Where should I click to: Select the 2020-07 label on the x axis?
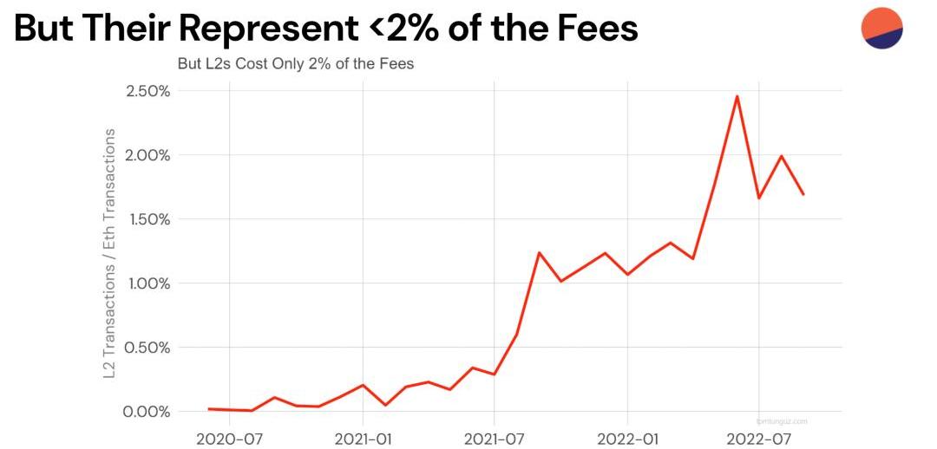point(229,437)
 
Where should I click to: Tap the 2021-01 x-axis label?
point(362,437)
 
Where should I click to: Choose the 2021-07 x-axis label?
point(495,437)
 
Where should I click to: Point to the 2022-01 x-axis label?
point(626,437)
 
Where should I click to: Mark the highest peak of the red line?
point(737,96)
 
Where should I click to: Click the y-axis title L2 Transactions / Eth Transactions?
point(110,254)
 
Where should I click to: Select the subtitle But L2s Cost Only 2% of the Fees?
point(295,64)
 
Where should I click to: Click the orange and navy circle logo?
point(882,28)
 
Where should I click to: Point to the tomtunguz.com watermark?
point(782,420)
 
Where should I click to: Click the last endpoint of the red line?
point(803,193)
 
